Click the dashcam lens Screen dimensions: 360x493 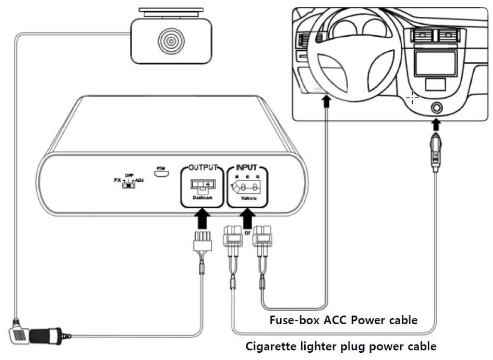click(x=170, y=41)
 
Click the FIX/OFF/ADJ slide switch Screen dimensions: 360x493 click(x=127, y=185)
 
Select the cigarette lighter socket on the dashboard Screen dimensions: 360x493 click(x=436, y=108)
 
